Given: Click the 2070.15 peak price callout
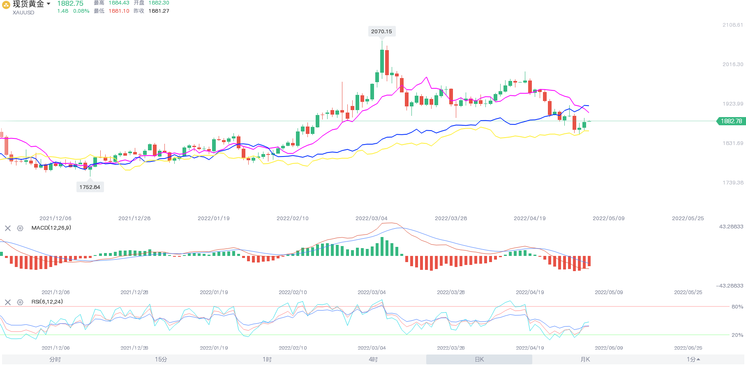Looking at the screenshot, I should coord(381,31).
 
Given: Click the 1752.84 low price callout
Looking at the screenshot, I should coord(90,187).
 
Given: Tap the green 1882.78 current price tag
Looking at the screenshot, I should coord(731,121).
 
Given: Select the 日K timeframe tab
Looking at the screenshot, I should coord(479,359).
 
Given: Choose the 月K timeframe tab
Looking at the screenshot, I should coord(585,359).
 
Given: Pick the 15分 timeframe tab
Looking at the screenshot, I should coord(161,359).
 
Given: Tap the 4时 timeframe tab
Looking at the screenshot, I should coord(373,359).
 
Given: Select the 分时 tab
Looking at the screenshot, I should coord(55,359).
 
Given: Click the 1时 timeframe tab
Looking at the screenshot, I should coord(267,359).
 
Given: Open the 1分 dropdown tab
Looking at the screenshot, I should coord(693,359).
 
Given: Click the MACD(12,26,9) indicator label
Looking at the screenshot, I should coord(51,228).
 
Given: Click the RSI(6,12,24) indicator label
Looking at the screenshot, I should coord(47,302).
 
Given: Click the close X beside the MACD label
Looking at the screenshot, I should coord(8,228).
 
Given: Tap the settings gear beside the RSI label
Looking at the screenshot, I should coord(20,302).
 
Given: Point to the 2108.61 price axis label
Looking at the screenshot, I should coord(732,25).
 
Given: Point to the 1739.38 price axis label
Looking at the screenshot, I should coord(732,183).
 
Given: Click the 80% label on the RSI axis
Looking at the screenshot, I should coord(737,306).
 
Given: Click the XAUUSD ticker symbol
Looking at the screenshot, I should coord(23,13).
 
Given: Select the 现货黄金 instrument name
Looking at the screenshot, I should coord(28,4).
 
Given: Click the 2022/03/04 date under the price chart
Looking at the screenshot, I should coord(371,218).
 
